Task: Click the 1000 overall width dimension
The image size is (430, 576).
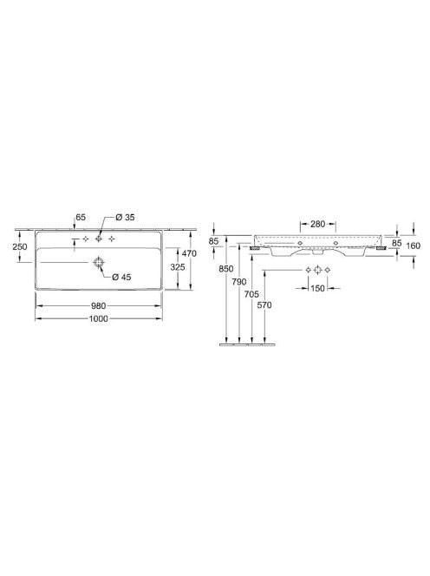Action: point(99,318)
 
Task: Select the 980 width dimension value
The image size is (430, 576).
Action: point(99,306)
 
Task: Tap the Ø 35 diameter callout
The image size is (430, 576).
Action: point(125,217)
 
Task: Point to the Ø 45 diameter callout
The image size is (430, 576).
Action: point(121,277)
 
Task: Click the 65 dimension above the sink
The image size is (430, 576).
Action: point(81,217)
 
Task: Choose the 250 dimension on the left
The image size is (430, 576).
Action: point(20,246)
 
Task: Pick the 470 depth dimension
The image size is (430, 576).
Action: point(189,253)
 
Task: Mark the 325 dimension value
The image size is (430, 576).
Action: point(178,267)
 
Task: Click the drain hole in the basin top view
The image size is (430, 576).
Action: point(99,262)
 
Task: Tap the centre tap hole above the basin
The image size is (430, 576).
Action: point(99,239)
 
